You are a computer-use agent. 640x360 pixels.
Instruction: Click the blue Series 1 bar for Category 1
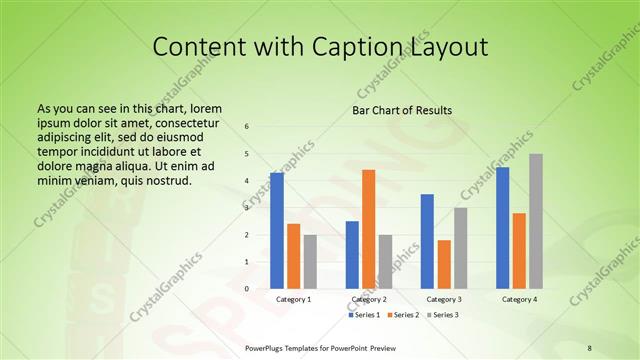(x=277, y=231)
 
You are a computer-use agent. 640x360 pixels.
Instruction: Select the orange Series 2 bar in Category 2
(x=369, y=229)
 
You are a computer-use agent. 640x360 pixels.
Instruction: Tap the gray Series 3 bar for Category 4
(x=536, y=221)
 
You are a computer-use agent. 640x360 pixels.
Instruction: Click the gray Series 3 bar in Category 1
(x=310, y=261)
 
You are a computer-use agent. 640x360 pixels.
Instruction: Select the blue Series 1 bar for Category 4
(x=503, y=228)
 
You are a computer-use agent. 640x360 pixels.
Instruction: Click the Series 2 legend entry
(x=402, y=315)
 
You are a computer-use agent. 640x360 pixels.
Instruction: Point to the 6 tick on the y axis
(x=247, y=126)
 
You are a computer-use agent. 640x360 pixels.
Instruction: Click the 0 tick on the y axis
(x=247, y=289)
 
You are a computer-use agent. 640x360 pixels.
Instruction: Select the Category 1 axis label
(x=293, y=299)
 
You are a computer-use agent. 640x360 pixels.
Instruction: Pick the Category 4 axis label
(x=519, y=299)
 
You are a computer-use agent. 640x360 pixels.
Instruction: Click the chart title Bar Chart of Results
(x=402, y=110)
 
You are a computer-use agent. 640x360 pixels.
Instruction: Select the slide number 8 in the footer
(x=589, y=348)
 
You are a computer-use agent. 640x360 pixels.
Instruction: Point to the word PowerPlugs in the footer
(x=265, y=348)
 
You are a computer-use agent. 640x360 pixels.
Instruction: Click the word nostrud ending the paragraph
(x=166, y=180)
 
